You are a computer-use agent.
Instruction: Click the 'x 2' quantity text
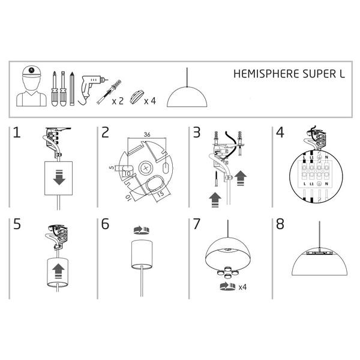pos(118,101)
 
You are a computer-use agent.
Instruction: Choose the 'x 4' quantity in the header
pos(150,101)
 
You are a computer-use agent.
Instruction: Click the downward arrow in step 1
pos(59,178)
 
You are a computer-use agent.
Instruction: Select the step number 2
pos(106,133)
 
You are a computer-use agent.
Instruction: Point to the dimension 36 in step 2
pos(147,134)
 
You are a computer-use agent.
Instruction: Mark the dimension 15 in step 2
pos(161,195)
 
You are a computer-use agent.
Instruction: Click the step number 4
pos(280,133)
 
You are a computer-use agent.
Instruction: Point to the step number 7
pos(196,224)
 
